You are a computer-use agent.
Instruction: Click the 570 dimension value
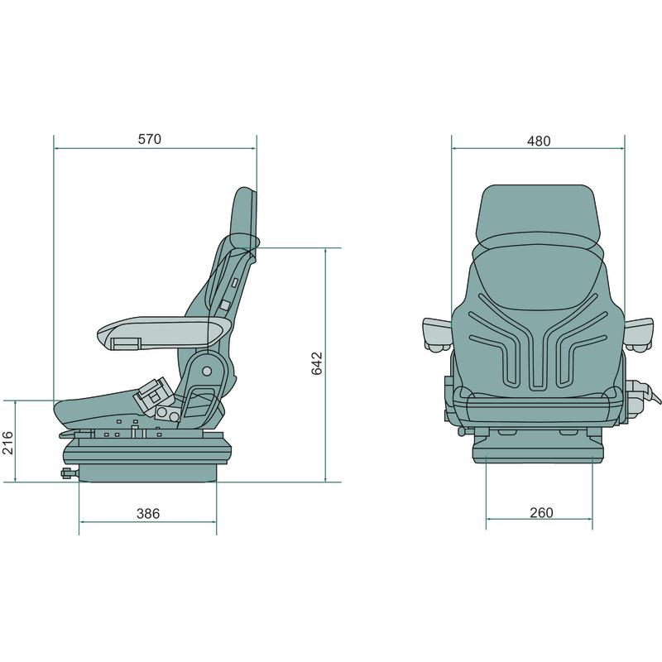(150, 139)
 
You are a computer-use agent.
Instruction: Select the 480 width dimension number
(539, 141)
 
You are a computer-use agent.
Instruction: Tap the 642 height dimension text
(317, 363)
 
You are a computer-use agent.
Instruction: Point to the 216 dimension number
(8, 443)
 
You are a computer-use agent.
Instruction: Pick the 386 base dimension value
(148, 513)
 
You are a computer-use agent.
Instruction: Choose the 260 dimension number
(541, 512)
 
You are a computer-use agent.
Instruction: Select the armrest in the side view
(164, 333)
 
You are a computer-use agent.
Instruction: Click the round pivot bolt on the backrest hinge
(207, 371)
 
